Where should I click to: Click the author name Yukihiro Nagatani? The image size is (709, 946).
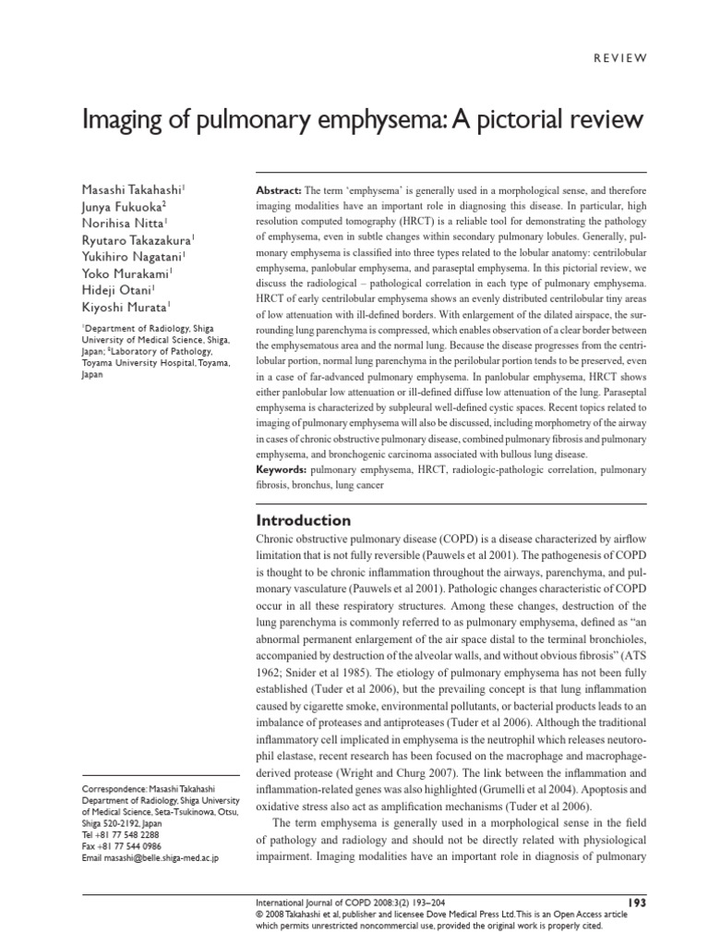point(134,256)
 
